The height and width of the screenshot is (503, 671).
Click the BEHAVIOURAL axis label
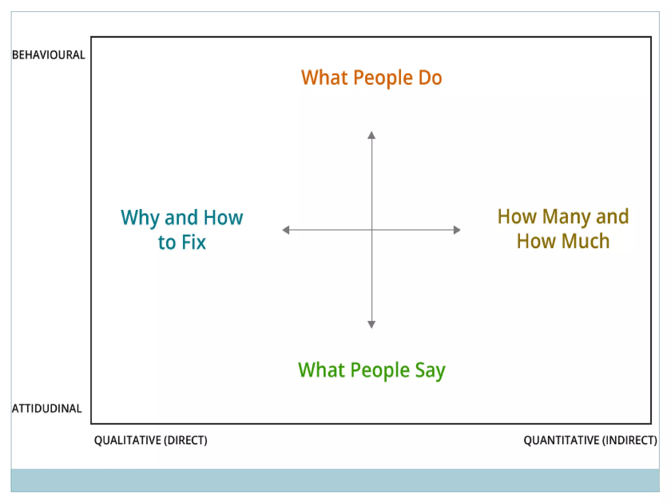point(48,55)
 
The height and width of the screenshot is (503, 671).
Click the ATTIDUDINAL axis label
point(47,408)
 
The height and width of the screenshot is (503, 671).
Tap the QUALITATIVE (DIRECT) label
point(150,440)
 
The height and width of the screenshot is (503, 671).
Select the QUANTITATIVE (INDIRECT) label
point(590,440)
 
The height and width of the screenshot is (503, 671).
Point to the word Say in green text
point(430,371)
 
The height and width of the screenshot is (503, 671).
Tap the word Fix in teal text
point(194,242)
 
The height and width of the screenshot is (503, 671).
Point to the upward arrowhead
point(371,135)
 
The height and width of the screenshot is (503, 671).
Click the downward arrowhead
point(371,324)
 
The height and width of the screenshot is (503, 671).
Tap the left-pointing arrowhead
point(286,230)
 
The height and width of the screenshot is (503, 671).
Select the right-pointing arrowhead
point(457,230)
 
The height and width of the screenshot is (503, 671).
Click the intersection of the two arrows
point(372,230)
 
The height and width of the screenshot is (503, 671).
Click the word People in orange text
point(383,78)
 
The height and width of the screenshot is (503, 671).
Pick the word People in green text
point(380,370)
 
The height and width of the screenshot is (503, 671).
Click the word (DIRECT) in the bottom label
point(185,440)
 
